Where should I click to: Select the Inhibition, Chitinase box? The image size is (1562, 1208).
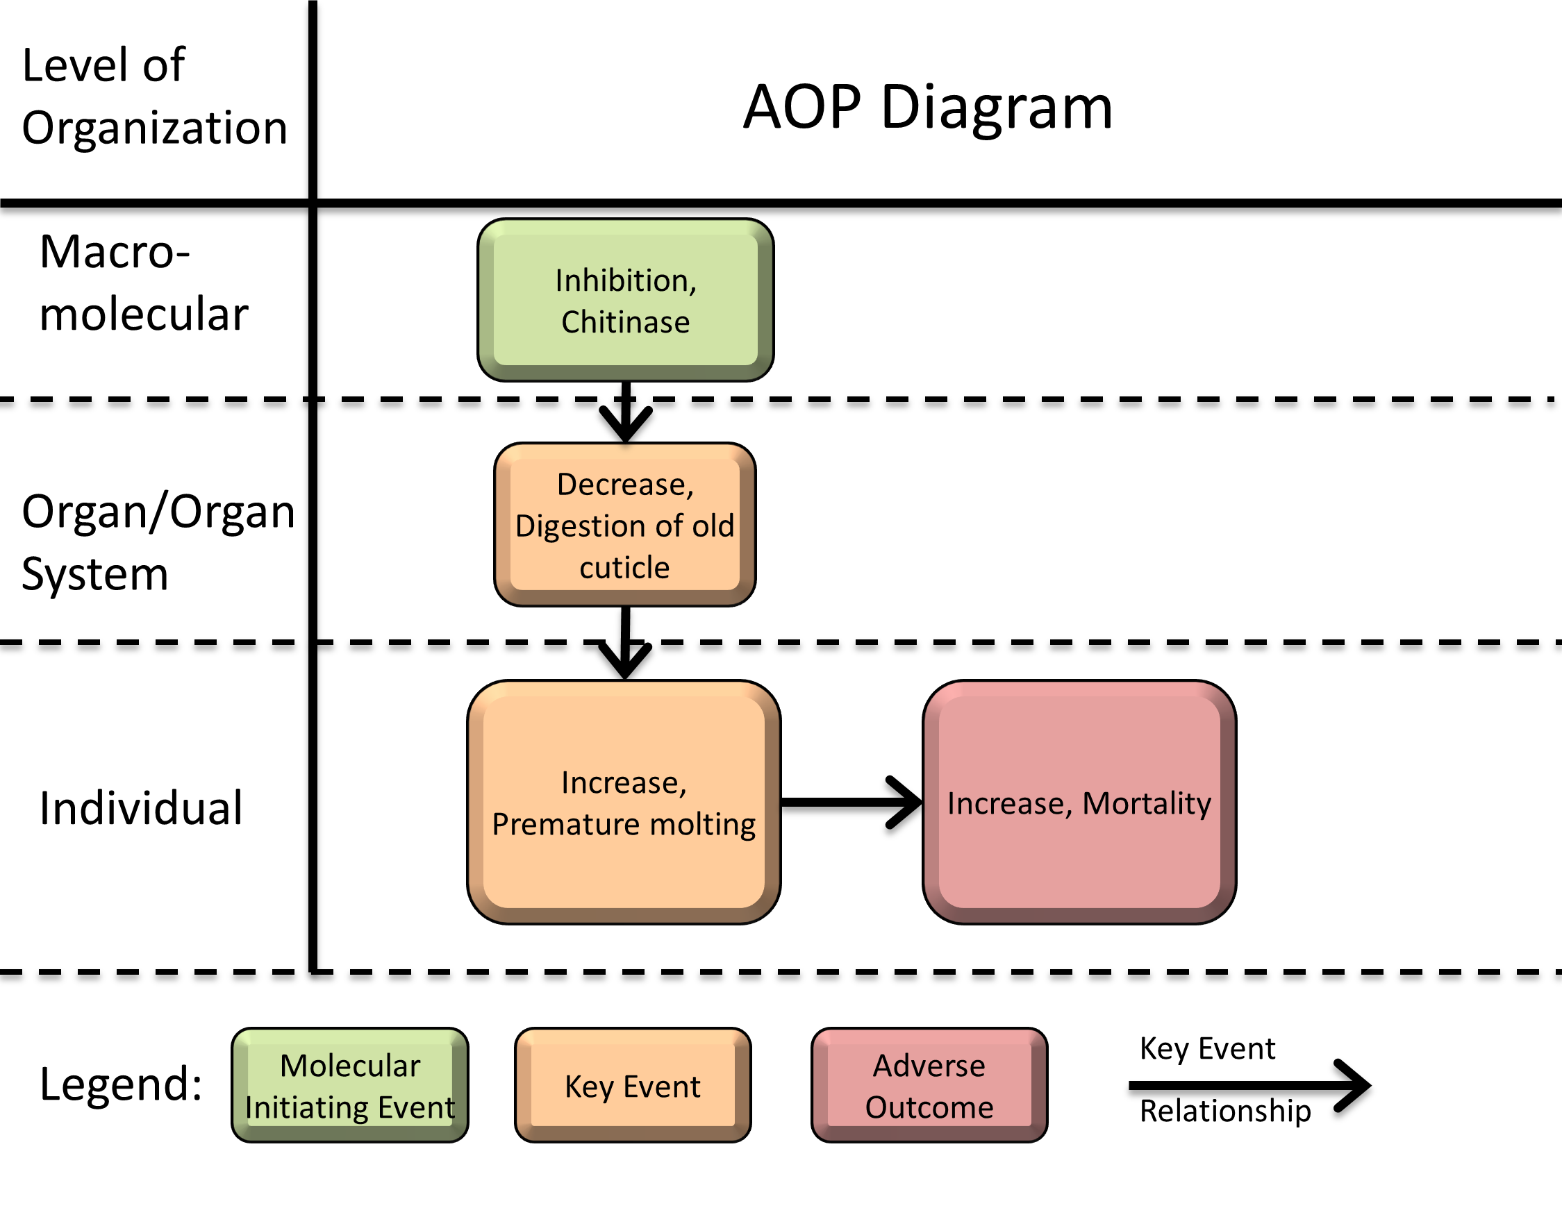[x=625, y=299]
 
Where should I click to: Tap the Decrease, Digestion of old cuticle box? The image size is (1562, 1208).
[x=624, y=525]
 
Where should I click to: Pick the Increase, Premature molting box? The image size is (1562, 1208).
[x=624, y=801]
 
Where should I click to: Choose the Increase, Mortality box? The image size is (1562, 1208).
[x=1079, y=802]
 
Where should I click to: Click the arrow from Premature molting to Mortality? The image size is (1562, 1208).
[x=851, y=802]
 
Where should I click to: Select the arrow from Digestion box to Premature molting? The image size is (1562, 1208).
[x=625, y=644]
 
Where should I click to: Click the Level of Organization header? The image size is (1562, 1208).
[x=153, y=96]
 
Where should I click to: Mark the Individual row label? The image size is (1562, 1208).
[x=141, y=807]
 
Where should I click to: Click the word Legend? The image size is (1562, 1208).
[x=121, y=1084]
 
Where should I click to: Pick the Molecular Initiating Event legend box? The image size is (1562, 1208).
[x=350, y=1085]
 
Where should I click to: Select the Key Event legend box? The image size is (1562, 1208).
[x=632, y=1085]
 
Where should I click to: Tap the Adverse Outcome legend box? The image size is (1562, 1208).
[x=929, y=1085]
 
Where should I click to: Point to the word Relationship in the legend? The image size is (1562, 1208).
[x=1224, y=1110]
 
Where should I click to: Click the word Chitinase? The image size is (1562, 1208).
[x=625, y=321]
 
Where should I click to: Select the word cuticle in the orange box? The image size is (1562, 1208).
[x=624, y=567]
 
